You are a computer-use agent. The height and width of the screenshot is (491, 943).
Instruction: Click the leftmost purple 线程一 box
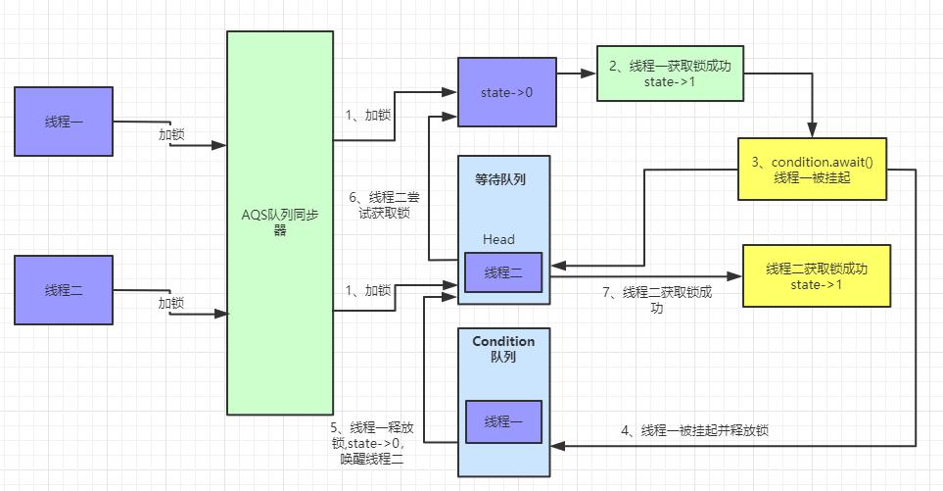pos(64,122)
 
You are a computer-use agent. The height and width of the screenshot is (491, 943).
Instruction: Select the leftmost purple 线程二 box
pos(64,289)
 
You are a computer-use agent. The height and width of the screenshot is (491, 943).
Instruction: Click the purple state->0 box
pos(506,92)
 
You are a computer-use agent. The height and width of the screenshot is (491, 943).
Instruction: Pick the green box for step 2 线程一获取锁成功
pos(667,73)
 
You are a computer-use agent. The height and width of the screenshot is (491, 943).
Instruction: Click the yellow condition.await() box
pos(812,170)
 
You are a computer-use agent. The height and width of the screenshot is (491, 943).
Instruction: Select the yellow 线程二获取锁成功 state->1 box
pos(817,275)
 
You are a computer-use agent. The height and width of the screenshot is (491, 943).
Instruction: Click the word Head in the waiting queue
pos(498,239)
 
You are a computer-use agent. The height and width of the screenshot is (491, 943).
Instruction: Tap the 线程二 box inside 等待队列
pos(503,272)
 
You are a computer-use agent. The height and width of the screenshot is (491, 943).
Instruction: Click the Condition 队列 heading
pos(503,349)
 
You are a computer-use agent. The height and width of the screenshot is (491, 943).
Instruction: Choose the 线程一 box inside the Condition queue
pos(503,421)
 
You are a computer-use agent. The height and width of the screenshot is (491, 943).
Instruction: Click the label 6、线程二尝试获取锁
pos(390,204)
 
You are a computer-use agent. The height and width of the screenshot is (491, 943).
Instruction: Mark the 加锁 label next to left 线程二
pos(171,303)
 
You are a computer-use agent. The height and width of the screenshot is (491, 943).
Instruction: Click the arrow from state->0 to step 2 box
pos(576,74)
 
